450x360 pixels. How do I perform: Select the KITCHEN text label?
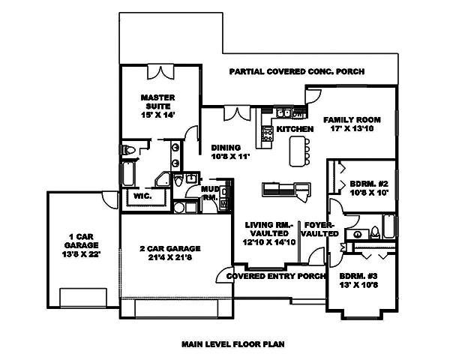tap(294, 130)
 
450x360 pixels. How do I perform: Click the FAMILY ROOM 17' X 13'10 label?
tap(352, 124)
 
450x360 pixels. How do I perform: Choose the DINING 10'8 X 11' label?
tap(228, 152)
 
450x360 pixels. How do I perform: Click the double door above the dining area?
tap(235, 113)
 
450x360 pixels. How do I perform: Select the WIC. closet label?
tap(142, 196)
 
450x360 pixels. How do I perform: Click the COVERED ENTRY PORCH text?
tap(270, 276)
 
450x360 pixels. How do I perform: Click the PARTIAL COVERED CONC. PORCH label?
tap(296, 72)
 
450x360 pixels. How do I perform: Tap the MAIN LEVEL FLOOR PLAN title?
tap(233, 344)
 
